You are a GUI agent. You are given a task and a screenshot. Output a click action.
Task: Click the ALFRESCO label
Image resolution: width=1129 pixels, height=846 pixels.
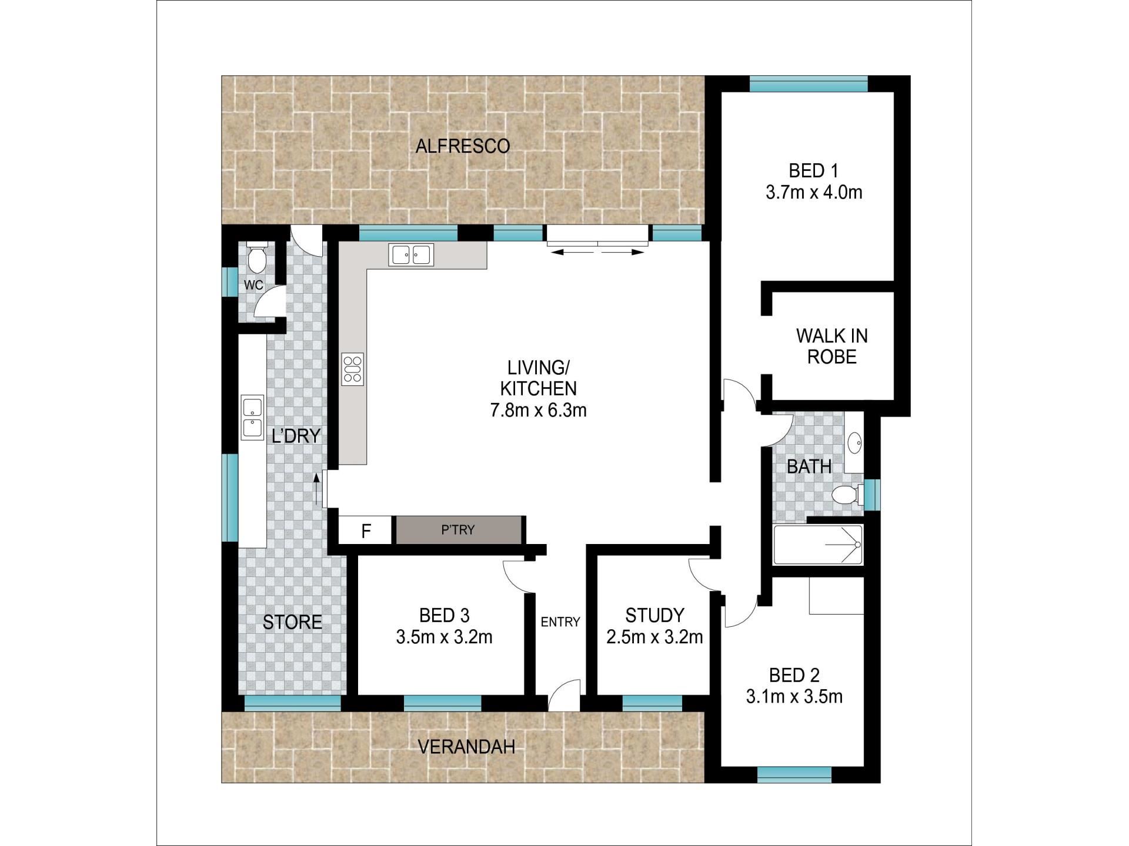coord(462,146)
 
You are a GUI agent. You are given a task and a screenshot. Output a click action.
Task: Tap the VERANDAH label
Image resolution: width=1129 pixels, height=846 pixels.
coord(466,747)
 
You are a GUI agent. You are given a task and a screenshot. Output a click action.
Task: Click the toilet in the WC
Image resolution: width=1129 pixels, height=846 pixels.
coord(256,257)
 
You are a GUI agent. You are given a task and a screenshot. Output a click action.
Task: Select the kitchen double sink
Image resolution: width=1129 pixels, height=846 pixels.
coord(411,254)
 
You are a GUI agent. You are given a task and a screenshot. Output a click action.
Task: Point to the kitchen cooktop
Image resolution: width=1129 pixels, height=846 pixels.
coord(352,369)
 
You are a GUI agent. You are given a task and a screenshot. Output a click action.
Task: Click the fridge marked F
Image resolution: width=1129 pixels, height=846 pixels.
coord(365,531)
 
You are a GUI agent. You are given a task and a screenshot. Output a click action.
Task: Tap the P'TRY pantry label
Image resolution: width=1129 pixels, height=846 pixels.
coord(458,530)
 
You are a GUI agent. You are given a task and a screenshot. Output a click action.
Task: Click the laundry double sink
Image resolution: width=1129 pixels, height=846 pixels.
coord(252,418)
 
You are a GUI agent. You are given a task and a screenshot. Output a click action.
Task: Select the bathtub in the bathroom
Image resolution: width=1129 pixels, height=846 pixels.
coord(818,545)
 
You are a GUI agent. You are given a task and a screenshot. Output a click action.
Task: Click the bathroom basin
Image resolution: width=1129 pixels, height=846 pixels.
coord(854,441)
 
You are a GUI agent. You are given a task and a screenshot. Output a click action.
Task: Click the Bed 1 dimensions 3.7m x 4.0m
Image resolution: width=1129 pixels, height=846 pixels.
coord(814,192)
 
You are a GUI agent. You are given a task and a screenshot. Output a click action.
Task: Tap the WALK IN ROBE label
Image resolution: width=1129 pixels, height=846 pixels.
coord(831,346)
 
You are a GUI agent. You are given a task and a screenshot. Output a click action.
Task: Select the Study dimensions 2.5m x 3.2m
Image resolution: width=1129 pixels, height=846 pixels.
coord(654,637)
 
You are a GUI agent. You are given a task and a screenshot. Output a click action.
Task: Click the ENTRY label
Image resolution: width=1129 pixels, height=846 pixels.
coord(560,622)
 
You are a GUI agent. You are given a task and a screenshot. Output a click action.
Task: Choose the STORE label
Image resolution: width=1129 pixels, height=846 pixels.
coord(292,622)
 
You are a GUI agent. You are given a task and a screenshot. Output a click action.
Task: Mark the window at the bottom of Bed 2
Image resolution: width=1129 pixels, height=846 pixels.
coord(794,775)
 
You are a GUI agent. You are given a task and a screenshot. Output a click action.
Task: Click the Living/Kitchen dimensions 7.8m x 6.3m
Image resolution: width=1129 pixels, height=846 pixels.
coord(539,410)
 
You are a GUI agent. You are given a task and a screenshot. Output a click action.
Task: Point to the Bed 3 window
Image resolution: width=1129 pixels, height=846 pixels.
coord(443,703)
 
